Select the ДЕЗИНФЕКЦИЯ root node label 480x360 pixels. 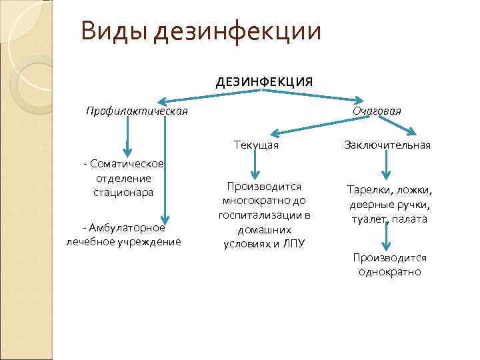coord(264,82)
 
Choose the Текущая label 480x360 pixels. coord(256,145)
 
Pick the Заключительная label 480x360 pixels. coord(387,145)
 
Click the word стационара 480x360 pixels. coord(123,192)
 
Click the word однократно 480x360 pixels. coord(389,272)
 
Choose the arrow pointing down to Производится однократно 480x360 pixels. coord(386,237)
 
